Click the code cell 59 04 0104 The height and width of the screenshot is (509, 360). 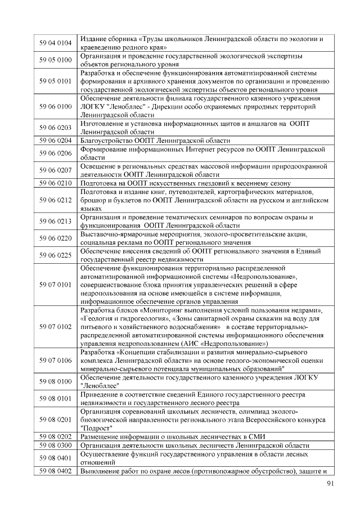click(55, 43)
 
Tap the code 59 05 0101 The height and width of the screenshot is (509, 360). click(55, 81)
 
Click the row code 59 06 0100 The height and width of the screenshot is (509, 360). click(55, 106)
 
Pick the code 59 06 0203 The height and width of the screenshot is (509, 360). click(55, 128)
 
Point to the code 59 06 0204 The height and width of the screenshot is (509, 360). click(55, 140)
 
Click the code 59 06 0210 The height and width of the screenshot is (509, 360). click(55, 183)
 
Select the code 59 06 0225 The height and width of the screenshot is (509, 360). click(55, 255)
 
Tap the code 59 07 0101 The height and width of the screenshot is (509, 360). click(55, 285)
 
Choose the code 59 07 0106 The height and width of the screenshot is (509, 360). click(55, 360)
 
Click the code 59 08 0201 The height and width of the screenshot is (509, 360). click(55, 420)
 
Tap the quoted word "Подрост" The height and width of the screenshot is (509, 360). click(96, 427)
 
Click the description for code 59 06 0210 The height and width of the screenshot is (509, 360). click(185, 183)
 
